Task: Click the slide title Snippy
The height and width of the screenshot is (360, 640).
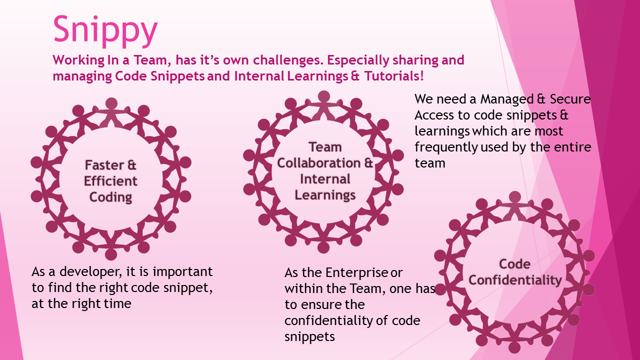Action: click(x=105, y=28)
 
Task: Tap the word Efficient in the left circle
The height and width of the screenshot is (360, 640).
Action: click(x=110, y=181)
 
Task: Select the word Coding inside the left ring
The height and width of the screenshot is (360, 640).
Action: click(x=110, y=197)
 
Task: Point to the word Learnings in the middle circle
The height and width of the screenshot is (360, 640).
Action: click(x=325, y=195)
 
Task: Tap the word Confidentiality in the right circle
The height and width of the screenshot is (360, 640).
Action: click(x=515, y=280)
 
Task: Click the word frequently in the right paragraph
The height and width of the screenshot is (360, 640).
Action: click(x=445, y=147)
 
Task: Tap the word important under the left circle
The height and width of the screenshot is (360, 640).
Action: click(x=182, y=272)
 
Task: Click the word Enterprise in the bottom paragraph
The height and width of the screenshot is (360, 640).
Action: click(x=356, y=273)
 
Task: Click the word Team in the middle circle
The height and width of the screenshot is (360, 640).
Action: click(x=325, y=147)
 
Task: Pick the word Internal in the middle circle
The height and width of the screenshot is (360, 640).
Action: click(x=325, y=179)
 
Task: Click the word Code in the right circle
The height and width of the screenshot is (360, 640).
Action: click(x=514, y=264)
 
